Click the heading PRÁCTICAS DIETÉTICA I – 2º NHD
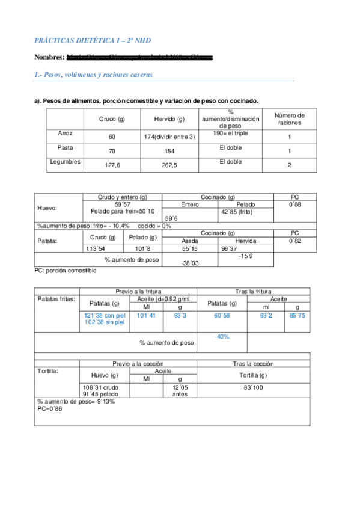click(x=92, y=40)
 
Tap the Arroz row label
click(x=66, y=133)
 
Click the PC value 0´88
click(x=294, y=205)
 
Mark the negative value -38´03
click(x=189, y=263)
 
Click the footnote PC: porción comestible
click(x=66, y=271)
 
